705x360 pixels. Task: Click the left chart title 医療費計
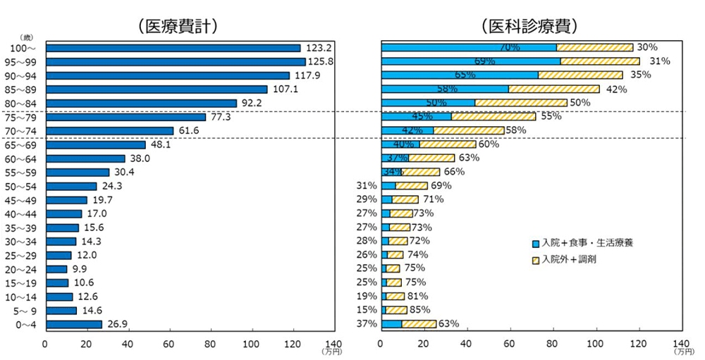pyautogui.click(x=177, y=26)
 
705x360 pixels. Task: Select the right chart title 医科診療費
pyautogui.click(x=529, y=26)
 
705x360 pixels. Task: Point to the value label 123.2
pyautogui.click(x=318, y=48)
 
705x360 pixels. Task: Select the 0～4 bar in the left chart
pyautogui.click(x=73, y=324)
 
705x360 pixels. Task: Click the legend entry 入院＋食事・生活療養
pyautogui.click(x=582, y=243)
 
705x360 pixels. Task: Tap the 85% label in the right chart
pyautogui.click(x=419, y=310)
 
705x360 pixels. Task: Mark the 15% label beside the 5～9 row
pyautogui.click(x=367, y=310)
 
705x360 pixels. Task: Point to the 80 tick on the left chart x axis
pyautogui.click(x=209, y=345)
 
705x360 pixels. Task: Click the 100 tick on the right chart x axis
pyautogui.click(x=596, y=345)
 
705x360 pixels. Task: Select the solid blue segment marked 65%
pyautogui.click(x=459, y=75)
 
